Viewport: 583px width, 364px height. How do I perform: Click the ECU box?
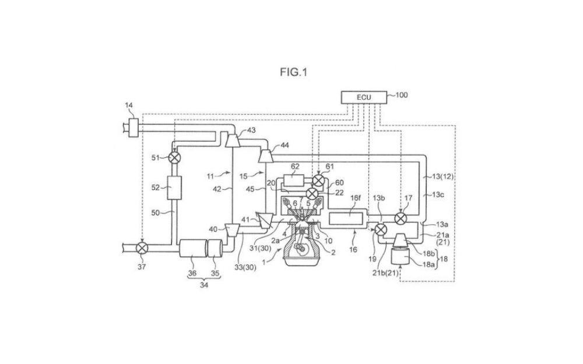pos(364,97)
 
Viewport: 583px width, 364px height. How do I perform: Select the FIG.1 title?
pos(294,72)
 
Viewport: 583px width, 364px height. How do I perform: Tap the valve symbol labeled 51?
pos(174,158)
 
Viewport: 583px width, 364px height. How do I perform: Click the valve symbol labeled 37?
pos(142,248)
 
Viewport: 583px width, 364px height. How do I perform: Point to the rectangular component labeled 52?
pos(174,188)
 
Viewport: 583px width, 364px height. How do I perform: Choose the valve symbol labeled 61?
pos(318,181)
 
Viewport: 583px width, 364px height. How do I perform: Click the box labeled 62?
pos(294,180)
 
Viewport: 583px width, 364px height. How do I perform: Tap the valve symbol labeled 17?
pos(401,218)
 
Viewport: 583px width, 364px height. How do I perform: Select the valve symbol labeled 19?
pos(380,229)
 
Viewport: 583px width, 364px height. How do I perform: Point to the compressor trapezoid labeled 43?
pos(233,140)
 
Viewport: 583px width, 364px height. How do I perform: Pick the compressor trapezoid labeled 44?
pos(266,156)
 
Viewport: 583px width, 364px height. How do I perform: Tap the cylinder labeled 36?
pos(193,248)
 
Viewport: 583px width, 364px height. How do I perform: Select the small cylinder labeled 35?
pos(215,248)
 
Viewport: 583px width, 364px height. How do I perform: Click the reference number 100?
pos(401,95)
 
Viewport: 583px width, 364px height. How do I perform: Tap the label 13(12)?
pos(443,177)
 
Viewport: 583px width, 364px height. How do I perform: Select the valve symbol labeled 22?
pos(312,193)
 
